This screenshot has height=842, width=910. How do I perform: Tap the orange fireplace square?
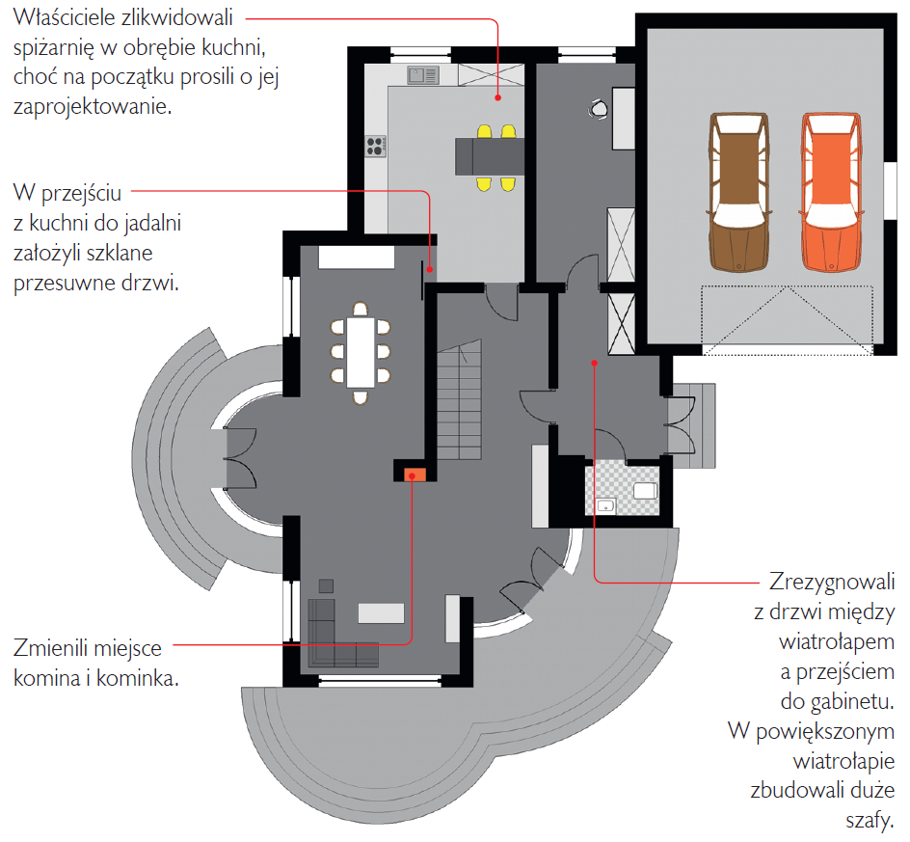(x=416, y=474)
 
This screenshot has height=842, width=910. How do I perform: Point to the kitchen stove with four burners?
(x=376, y=147)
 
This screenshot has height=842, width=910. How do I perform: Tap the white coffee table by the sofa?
(x=382, y=612)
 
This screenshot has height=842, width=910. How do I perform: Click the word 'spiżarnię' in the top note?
(x=62, y=47)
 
